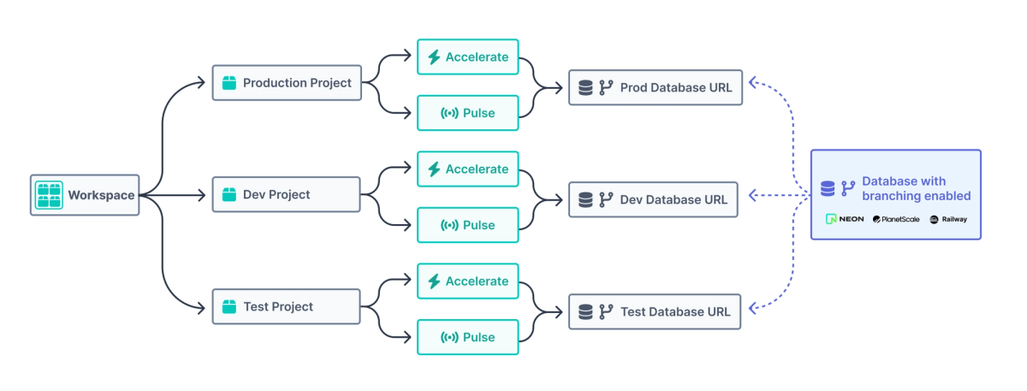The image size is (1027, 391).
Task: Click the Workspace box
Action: (85, 195)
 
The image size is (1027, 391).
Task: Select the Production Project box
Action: (287, 83)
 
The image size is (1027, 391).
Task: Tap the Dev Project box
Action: (287, 195)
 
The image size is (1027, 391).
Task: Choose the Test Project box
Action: (287, 306)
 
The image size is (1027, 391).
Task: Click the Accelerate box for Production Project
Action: (467, 57)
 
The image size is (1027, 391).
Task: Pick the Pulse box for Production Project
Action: (467, 113)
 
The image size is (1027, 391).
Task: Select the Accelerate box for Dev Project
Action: (467, 169)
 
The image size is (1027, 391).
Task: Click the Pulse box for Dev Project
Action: (467, 225)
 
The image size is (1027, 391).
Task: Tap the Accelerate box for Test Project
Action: (467, 281)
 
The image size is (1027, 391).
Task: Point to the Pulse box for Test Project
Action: (467, 337)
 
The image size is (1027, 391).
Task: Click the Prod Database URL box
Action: (656, 87)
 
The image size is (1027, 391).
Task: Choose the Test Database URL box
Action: (656, 311)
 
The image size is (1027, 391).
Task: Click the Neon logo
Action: (845, 219)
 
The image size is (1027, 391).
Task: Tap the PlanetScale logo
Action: (896, 219)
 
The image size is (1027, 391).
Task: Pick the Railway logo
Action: (948, 219)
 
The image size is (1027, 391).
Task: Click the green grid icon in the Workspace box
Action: (49, 195)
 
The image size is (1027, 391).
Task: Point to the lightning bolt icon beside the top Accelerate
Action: (434, 57)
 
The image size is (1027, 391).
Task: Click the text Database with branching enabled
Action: (916, 188)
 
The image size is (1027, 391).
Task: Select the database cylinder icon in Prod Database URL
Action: (586, 87)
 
